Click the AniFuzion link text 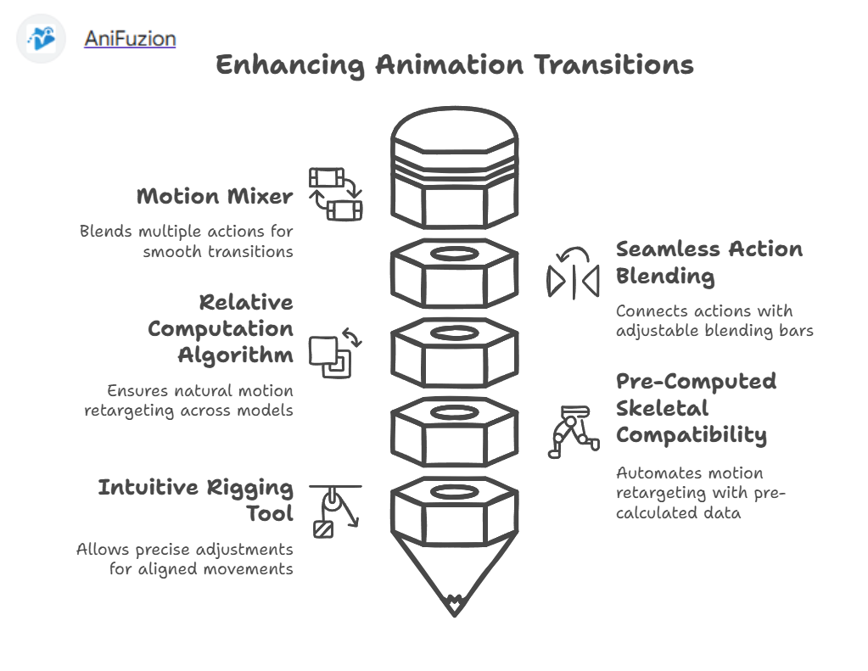pyautogui.click(x=130, y=38)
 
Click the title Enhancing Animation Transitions pyautogui.click(x=454, y=65)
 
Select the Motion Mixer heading pyautogui.click(x=215, y=197)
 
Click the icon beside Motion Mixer pyautogui.click(x=335, y=193)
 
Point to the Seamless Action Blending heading pyautogui.click(x=708, y=262)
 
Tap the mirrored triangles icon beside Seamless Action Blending pyautogui.click(x=573, y=276)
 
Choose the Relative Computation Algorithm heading pyautogui.click(x=221, y=328)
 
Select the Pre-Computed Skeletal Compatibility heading pyautogui.click(x=696, y=407)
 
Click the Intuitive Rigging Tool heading pyautogui.click(x=196, y=500)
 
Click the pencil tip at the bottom pyautogui.click(x=454, y=604)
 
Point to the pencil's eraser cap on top pyautogui.click(x=454, y=136)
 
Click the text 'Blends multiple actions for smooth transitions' pyautogui.click(x=187, y=241)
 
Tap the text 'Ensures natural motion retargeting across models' pyautogui.click(x=188, y=400)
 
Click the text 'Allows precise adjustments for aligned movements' pyautogui.click(x=185, y=559)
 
